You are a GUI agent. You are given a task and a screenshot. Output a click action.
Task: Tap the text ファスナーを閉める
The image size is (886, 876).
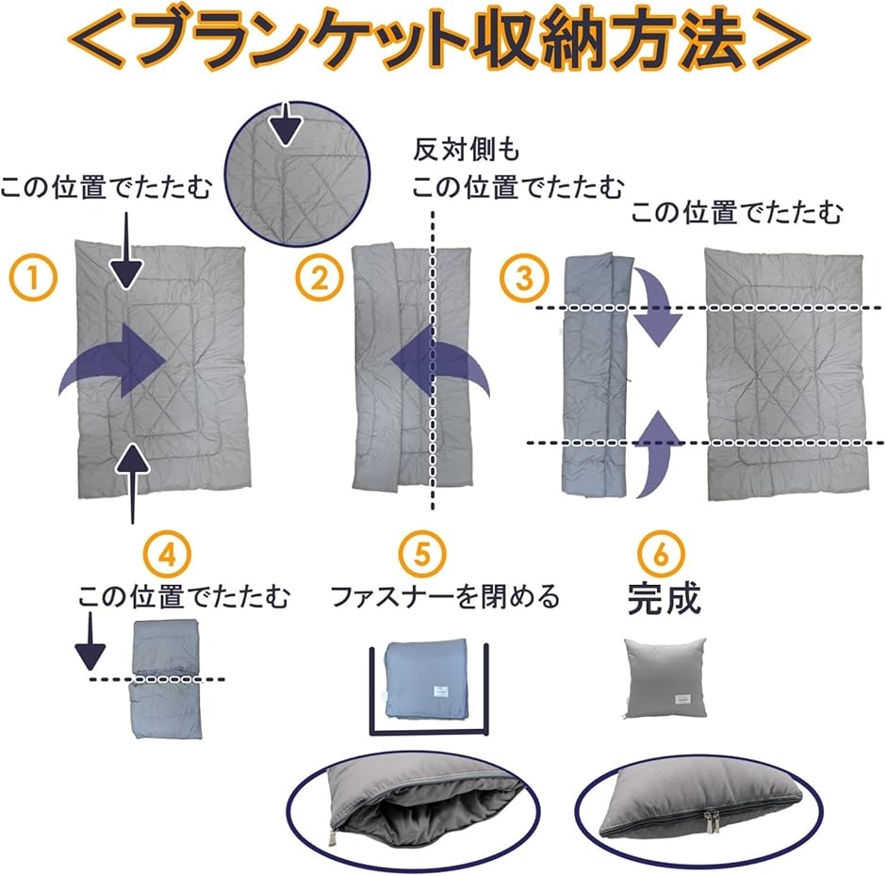click(x=445, y=596)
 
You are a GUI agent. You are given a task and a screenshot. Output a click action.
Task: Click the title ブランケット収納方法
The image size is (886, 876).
click(x=442, y=40)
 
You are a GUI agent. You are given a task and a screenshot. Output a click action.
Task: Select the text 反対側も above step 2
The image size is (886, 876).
click(x=467, y=150)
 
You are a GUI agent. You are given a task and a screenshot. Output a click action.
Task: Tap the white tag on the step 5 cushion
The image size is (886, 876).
click(x=438, y=693)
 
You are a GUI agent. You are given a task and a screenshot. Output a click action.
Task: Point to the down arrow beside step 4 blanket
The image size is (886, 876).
click(x=90, y=644)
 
